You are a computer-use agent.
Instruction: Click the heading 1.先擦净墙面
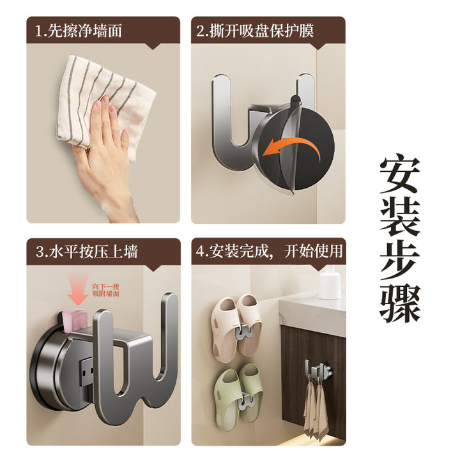79,31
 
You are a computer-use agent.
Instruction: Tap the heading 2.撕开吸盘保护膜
255,31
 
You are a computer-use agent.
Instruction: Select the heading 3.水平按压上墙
87,252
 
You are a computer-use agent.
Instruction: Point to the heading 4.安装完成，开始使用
270,252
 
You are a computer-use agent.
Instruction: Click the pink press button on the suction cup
75,320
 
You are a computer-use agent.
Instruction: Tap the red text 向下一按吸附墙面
105,290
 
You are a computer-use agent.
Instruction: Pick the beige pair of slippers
236,329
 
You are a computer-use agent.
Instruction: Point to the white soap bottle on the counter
329,282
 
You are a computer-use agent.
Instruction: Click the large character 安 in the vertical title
400,176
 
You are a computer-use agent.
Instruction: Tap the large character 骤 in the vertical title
400,304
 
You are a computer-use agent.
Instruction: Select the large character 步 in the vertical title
400,262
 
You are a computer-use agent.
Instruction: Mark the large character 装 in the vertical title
400,219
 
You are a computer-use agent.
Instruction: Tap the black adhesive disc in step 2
305,146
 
